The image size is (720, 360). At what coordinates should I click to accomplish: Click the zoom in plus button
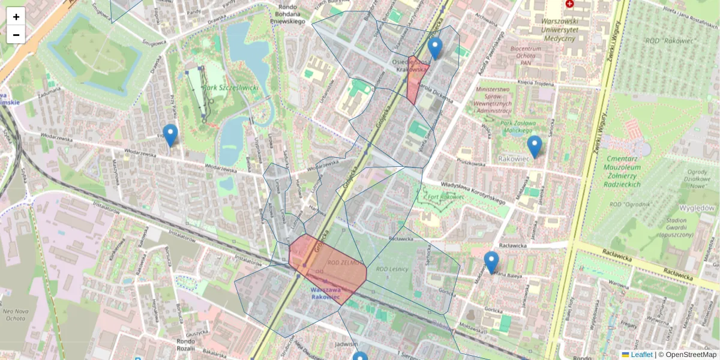pos(16,17)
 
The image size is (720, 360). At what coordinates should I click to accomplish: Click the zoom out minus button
pos(16,35)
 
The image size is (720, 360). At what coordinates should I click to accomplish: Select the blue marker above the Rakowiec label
pos(534,146)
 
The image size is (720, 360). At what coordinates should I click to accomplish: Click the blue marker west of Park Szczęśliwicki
pos(170,135)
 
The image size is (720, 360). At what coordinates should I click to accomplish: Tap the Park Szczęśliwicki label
pos(230,88)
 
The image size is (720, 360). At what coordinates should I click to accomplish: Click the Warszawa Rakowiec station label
pos(325,293)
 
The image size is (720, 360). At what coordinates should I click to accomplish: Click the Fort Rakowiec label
pos(446,197)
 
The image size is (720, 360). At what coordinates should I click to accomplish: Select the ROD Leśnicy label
pos(392,269)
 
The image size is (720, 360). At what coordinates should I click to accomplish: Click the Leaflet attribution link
pos(641,355)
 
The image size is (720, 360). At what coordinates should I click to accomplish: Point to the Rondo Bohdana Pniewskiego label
pos(292,15)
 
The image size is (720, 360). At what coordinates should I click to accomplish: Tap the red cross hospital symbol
pos(569,4)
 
